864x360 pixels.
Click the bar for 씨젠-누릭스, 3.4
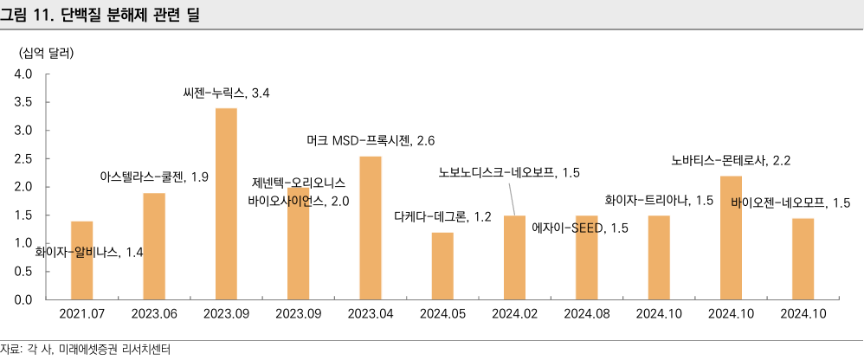click(226, 203)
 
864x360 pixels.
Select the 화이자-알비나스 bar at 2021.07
click(81, 260)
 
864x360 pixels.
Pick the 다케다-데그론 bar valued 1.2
click(442, 265)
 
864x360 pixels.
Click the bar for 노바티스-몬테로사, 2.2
click(731, 237)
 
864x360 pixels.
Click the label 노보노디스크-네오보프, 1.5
click(509, 173)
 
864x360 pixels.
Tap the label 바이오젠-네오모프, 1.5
click(790, 203)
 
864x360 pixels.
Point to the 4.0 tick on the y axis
click(23, 74)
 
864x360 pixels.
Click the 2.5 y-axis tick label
click(23, 159)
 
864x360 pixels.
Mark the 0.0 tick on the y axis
click(23, 299)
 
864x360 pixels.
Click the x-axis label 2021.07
click(81, 316)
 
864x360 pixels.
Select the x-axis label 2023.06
click(154, 316)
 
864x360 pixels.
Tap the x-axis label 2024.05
click(442, 316)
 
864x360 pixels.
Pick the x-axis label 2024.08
click(586, 316)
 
